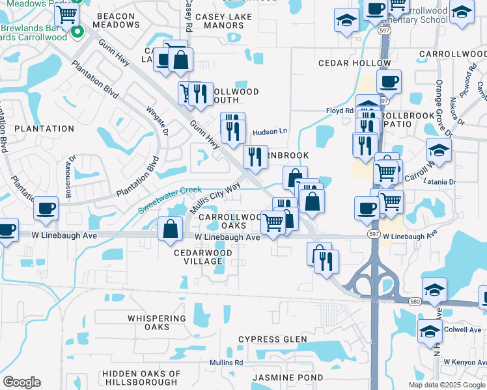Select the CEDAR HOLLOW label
[354, 63]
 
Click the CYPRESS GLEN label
[272, 339]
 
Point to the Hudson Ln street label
[270, 131]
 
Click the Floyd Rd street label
[339, 111]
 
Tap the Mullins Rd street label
[226, 362]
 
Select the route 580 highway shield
[414, 301]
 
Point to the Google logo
[21, 382]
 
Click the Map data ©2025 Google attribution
[447, 385]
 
